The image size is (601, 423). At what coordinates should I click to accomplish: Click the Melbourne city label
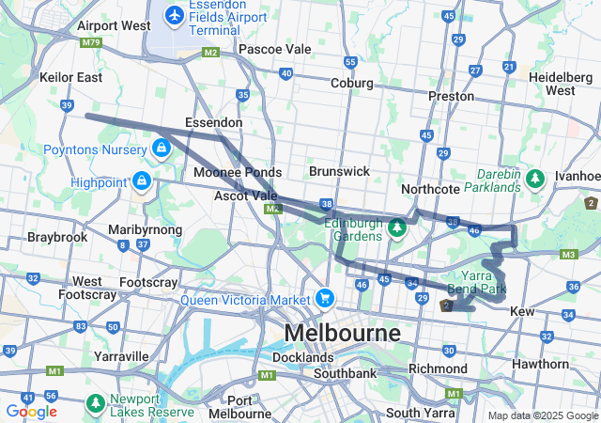click(342, 333)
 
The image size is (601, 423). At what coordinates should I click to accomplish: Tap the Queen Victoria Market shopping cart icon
click(325, 298)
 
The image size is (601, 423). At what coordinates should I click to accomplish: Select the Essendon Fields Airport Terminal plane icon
click(175, 15)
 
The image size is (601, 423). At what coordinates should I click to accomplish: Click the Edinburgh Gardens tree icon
click(397, 227)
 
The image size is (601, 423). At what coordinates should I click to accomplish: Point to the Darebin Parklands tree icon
click(535, 177)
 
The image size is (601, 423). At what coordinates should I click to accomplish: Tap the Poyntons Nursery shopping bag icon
click(162, 148)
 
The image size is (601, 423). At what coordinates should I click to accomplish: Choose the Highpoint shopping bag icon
click(141, 179)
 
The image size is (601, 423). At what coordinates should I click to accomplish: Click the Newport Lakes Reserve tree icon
click(96, 402)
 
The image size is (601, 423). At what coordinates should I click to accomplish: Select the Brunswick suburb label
click(339, 172)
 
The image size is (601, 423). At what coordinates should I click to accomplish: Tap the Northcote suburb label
click(429, 189)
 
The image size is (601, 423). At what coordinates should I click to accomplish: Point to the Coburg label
click(351, 84)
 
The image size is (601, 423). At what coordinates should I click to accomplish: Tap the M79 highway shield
click(91, 42)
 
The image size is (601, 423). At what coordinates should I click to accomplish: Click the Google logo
click(31, 411)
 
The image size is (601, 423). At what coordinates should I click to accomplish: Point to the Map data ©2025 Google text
click(543, 415)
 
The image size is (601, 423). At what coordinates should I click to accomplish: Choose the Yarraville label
click(121, 356)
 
